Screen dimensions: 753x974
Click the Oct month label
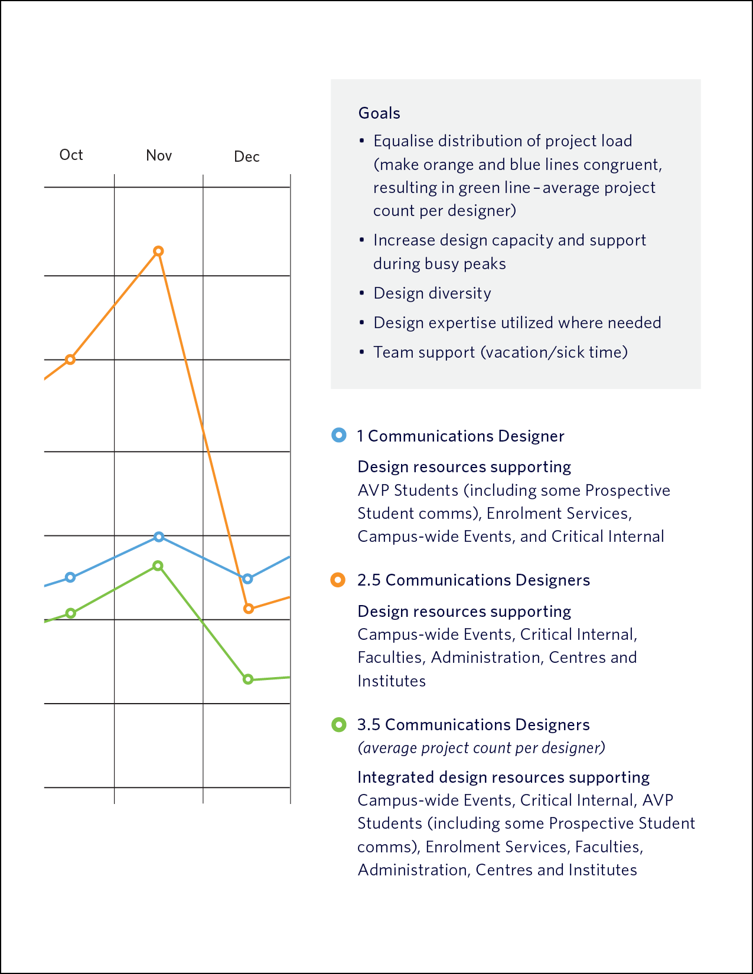click(71, 155)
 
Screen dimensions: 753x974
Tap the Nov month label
click(159, 155)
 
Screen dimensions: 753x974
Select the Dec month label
click(247, 156)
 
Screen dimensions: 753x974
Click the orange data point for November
click(158, 251)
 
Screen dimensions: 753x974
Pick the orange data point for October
click(70, 359)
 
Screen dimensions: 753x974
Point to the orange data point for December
click(249, 609)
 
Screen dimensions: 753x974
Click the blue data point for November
click(159, 537)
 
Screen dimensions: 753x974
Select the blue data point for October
click(70, 577)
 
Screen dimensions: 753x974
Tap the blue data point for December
click(247, 578)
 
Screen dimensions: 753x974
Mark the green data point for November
click(158, 566)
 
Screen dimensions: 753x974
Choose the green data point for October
click(70, 613)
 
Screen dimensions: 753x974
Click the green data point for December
click(248, 679)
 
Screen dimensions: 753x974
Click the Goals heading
click(379, 113)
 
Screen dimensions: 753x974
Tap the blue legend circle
click(338, 435)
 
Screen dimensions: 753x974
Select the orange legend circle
click(338, 580)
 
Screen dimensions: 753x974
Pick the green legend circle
click(338, 725)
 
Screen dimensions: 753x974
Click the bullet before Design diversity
click(361, 293)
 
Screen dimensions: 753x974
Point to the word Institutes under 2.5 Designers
click(392, 681)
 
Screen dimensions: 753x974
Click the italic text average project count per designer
click(481, 748)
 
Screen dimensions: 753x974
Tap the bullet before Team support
click(361, 352)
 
